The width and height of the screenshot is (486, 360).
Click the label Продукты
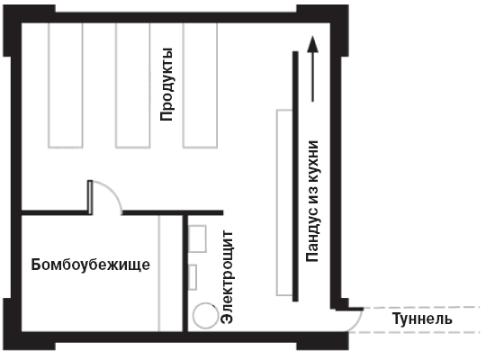click(166, 85)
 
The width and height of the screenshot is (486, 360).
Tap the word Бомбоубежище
click(91, 265)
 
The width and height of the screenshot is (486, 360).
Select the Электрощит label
click(228, 277)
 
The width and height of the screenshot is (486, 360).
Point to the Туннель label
click(422, 319)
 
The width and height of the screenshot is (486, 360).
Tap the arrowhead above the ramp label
click(312, 43)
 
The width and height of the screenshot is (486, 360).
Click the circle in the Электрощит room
click(205, 316)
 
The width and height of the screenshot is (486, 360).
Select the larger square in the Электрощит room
click(197, 238)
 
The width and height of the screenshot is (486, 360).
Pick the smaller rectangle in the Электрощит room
click(193, 277)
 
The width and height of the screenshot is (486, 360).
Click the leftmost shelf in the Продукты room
click(66, 85)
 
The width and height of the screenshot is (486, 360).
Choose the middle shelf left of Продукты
click(133, 85)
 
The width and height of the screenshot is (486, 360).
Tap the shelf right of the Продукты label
click(200, 85)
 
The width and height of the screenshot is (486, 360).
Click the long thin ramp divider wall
click(295, 176)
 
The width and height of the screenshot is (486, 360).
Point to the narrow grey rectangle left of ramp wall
click(284, 202)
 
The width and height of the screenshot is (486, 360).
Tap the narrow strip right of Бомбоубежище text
click(170, 274)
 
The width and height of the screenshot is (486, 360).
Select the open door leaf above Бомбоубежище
click(90, 197)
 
